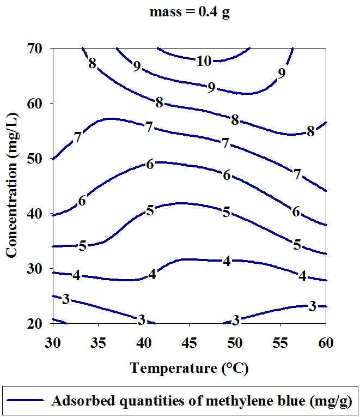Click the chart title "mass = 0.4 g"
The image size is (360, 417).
(x=190, y=13)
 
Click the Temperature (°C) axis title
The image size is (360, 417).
(x=190, y=368)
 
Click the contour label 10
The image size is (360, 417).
(x=204, y=62)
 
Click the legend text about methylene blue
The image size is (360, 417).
(x=202, y=401)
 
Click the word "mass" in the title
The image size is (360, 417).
(x=164, y=13)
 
